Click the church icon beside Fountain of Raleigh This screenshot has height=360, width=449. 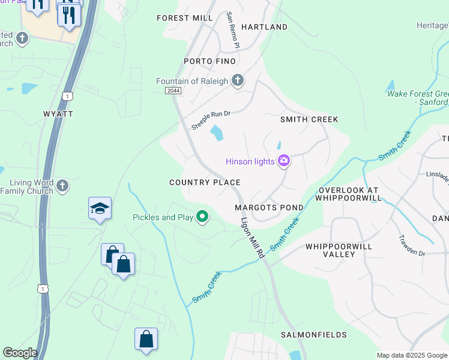238,80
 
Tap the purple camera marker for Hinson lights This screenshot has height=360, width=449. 284,161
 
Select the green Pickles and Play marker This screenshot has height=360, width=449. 203,217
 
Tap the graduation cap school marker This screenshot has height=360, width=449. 100,208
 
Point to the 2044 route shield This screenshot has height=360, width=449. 172,90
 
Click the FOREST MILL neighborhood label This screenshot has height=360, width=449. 185,18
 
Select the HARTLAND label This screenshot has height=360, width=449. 264,27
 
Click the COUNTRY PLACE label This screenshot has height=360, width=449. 205,182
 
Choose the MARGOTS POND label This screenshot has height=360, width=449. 269,208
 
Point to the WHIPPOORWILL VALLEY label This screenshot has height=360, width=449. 339,250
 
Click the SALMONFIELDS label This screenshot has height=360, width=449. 314,334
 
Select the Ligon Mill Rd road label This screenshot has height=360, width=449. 253,237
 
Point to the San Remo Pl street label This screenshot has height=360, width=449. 233,30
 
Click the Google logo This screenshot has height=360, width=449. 20,353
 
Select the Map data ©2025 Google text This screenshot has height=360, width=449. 412,355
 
